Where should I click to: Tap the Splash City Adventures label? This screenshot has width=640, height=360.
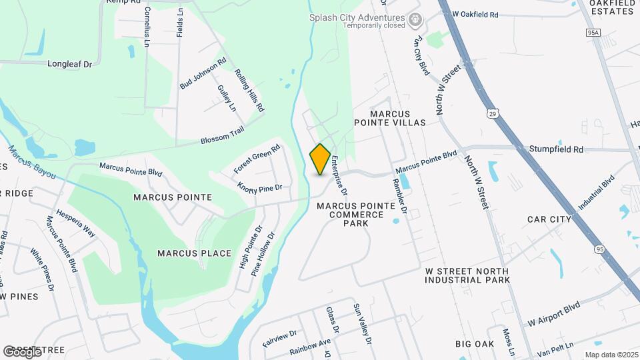click(357, 18)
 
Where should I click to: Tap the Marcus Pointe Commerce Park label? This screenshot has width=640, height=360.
click(350, 215)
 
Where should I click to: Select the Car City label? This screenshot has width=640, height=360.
click(549, 219)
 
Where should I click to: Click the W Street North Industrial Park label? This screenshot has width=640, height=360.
click(467, 275)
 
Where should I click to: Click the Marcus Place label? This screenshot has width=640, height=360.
click(194, 253)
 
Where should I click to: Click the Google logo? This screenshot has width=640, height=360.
click(22, 351)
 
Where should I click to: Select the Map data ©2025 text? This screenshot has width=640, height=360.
click(611, 355)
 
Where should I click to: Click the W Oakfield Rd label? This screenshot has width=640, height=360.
click(475, 14)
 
